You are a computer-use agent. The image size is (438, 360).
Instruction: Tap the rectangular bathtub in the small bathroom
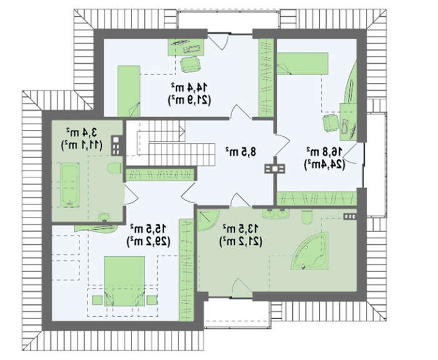(x=70, y=185)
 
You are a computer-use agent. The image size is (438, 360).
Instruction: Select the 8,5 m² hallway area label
(x=241, y=151)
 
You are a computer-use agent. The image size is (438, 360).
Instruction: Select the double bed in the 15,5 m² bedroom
(x=125, y=281)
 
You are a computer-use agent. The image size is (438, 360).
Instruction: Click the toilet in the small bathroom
(x=115, y=168)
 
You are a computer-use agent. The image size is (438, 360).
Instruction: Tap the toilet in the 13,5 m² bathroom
(x=307, y=216)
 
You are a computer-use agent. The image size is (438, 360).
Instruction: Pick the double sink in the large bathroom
(x=276, y=214)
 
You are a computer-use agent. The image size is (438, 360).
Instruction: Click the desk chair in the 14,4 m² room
(x=191, y=64)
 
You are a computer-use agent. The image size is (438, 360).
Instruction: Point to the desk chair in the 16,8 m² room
(x=331, y=122)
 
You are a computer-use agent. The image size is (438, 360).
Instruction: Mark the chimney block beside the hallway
(x=275, y=169)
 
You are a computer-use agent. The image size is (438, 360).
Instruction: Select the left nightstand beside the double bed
(x=97, y=300)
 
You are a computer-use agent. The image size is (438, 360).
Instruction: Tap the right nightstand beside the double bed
(x=152, y=300)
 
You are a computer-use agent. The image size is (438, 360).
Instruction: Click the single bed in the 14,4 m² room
(x=129, y=91)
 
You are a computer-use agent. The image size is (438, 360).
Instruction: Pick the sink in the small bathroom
(x=104, y=217)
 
